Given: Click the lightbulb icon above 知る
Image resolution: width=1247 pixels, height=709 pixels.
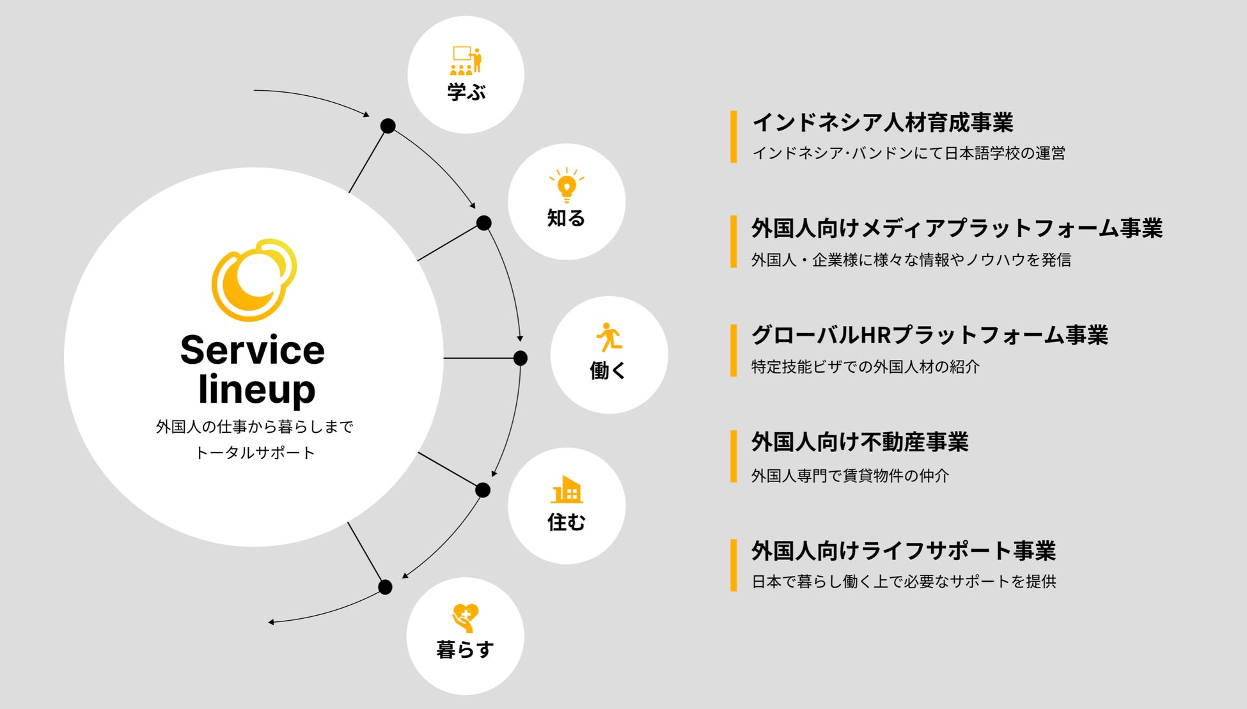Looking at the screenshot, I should click(x=567, y=186).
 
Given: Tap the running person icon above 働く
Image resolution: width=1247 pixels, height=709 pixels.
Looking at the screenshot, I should click(x=609, y=337).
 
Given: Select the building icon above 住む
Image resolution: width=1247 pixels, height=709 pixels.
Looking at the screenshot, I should click(x=567, y=490).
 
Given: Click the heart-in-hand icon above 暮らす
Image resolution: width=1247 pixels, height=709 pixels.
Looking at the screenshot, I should click(x=465, y=618).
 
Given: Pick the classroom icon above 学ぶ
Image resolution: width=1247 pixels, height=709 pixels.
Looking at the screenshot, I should click(x=466, y=60).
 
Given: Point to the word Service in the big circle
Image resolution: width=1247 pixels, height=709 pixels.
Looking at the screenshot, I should click(x=253, y=350).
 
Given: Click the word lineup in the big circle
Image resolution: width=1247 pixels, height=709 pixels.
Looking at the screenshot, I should click(x=256, y=389).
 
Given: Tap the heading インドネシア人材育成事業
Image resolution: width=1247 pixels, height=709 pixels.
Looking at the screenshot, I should click(x=882, y=122).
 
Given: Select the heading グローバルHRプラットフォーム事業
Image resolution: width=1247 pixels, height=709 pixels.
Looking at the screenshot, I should click(x=929, y=335).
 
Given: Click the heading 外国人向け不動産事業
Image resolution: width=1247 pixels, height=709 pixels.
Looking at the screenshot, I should click(x=859, y=442).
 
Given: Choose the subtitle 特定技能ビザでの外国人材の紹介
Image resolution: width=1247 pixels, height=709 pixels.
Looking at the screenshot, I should click(x=865, y=367).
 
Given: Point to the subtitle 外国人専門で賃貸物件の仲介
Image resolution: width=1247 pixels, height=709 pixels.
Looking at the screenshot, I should click(x=850, y=476).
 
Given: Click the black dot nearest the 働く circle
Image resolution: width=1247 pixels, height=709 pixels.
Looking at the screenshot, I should click(x=521, y=358).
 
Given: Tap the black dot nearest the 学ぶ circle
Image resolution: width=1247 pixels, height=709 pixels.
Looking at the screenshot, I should click(x=388, y=126).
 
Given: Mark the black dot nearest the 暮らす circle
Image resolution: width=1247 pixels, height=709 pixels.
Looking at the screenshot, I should click(x=385, y=587).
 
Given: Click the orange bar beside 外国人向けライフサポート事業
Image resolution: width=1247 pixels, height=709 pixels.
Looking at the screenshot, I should click(x=733, y=565).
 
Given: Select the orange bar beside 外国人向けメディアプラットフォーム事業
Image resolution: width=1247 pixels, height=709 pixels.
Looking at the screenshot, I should click(x=733, y=242).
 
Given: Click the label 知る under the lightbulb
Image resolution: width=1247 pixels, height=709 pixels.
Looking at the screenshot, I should click(x=566, y=219).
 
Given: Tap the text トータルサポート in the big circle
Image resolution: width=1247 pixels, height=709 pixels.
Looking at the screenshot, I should click(x=255, y=453).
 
